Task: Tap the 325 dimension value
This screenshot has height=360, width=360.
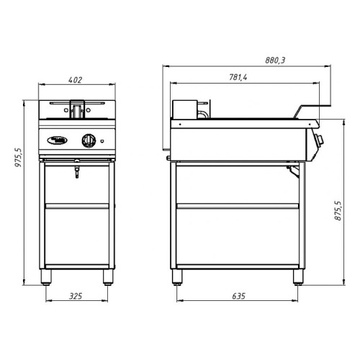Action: pos(78,295)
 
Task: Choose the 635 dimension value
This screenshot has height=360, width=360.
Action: pos(238,295)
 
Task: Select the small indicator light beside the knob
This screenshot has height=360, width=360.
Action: pos(103,140)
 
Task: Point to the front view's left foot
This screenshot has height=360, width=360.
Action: pos(48,276)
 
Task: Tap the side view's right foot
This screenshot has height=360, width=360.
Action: pos(296,276)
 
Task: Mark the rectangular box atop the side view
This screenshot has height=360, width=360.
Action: pos(188,108)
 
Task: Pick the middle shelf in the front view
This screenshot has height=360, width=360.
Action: pos(78,207)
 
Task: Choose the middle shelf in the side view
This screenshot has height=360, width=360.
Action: pos(237,207)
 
